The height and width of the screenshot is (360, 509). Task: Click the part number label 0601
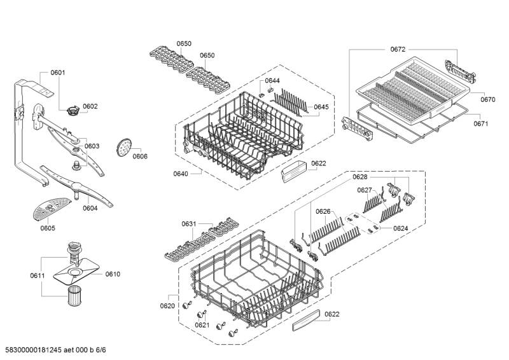tap(58, 73)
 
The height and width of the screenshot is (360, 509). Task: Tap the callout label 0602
tap(90, 106)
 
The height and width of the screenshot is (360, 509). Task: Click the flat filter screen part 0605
tap(52, 209)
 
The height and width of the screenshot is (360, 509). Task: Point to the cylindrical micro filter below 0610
tap(76, 295)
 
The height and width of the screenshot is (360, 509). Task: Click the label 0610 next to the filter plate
tap(113, 274)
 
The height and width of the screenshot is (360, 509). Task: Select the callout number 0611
tap(38, 275)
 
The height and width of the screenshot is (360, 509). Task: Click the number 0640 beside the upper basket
tap(181, 174)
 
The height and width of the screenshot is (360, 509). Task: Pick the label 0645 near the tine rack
tap(321, 107)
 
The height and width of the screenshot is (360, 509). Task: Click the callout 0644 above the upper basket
tap(272, 81)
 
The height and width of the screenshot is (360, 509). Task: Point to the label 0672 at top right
tap(398, 49)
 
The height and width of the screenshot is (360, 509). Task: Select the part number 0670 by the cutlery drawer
tap(488, 99)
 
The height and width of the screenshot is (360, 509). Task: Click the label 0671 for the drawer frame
tap(481, 123)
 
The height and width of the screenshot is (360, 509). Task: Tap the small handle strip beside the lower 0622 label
tap(306, 320)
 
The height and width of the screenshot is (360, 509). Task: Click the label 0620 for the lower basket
tap(167, 306)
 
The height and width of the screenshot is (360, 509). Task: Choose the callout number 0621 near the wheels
tap(202, 325)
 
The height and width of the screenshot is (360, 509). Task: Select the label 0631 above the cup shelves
tap(189, 224)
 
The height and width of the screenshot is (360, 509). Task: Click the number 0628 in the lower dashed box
tap(360, 177)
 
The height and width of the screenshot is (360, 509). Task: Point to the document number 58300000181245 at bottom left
tap(31, 350)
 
